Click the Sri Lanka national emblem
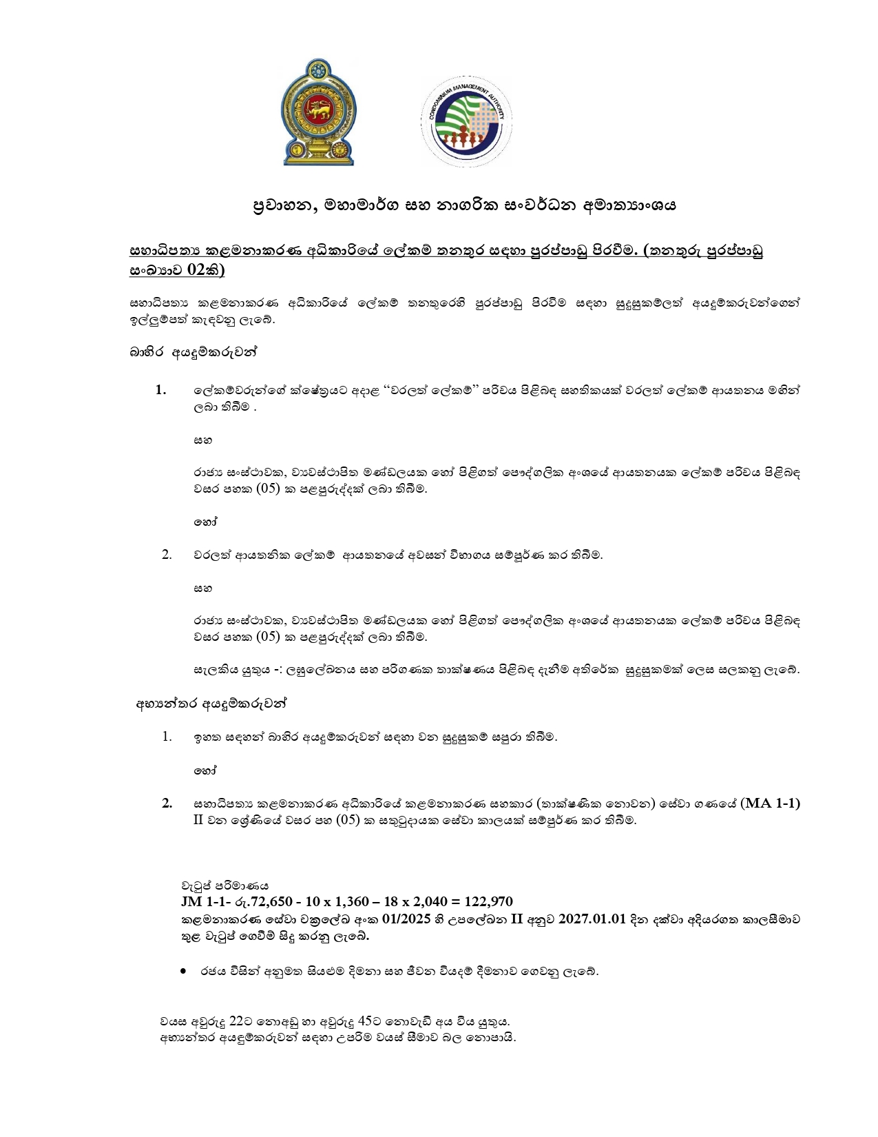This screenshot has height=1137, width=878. click(x=319, y=112)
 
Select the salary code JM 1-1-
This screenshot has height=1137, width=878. click(x=202, y=902)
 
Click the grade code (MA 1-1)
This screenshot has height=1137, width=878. click(x=771, y=803)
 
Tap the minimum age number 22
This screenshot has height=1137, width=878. click(x=236, y=1021)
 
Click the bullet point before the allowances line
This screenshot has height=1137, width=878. click(x=183, y=972)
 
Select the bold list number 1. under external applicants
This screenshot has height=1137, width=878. click(x=161, y=390)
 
